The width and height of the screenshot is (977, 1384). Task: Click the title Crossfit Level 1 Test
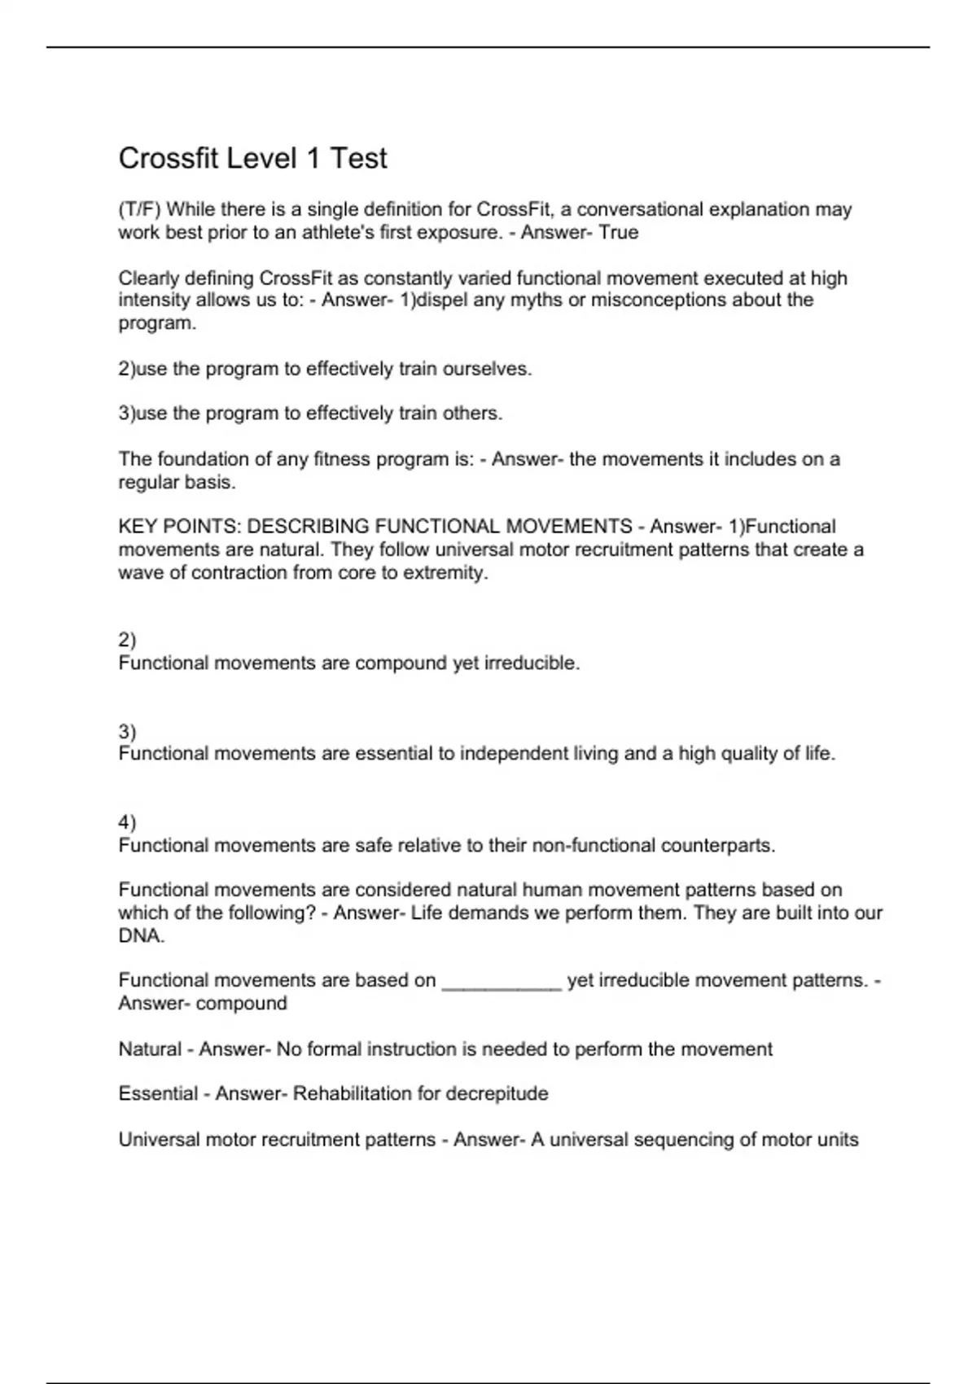coord(252,158)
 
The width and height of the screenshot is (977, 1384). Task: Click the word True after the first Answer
coord(619,233)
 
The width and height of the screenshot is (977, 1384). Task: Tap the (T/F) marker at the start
coord(139,210)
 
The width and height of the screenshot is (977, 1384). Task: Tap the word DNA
coord(141,936)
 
